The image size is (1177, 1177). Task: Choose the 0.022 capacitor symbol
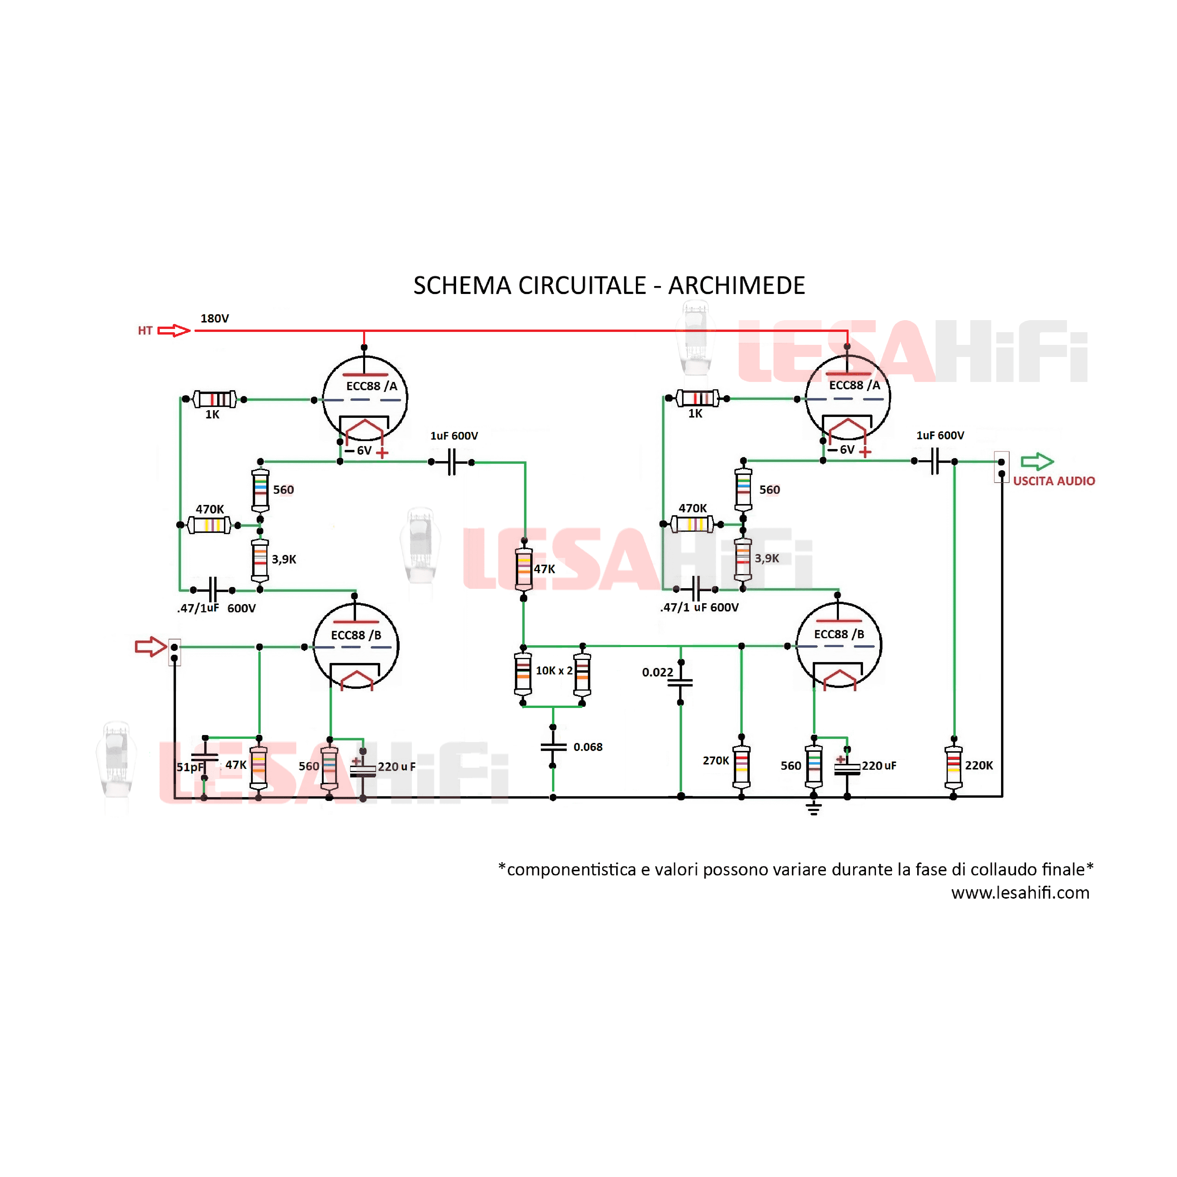pyautogui.click(x=681, y=682)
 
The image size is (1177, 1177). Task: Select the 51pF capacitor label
pyautogui.click(x=189, y=767)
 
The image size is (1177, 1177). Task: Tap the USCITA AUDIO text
pyautogui.click(x=1054, y=481)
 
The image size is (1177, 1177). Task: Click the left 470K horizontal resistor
pyautogui.click(x=209, y=525)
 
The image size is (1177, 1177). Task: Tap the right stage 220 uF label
pyautogui.click(x=879, y=766)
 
